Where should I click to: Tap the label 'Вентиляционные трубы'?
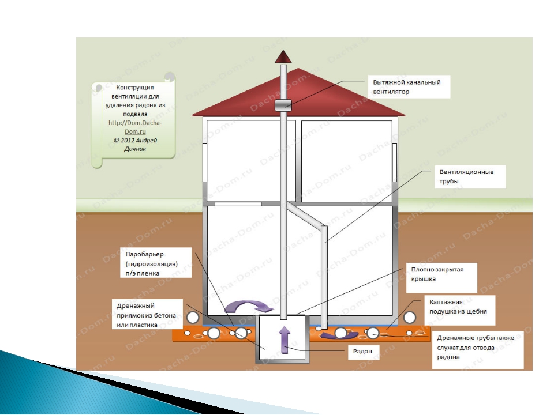pos(466,176)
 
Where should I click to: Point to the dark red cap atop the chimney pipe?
pos(283,57)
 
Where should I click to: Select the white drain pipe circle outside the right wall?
pos(410,318)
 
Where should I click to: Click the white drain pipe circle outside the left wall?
pos(193,318)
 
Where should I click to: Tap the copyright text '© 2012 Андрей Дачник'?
pos(135,144)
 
